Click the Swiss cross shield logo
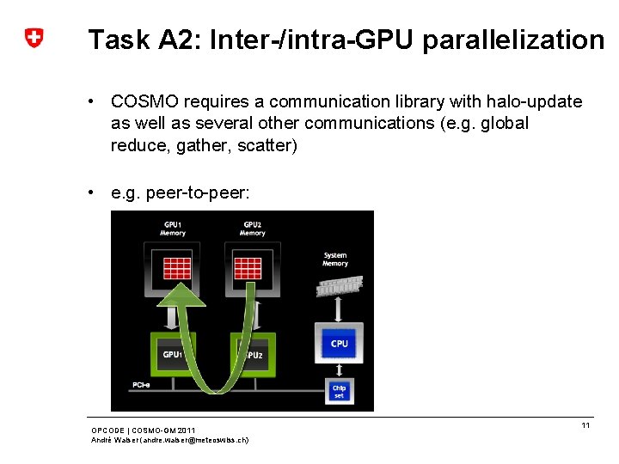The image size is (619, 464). coord(34,38)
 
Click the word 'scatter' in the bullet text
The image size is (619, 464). coord(267,145)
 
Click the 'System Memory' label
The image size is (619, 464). coord(335,259)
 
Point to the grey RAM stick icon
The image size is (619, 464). coord(339,285)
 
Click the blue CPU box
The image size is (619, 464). coord(340,344)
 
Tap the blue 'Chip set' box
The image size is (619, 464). coord(340,392)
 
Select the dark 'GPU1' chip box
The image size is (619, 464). coord(173,353)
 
